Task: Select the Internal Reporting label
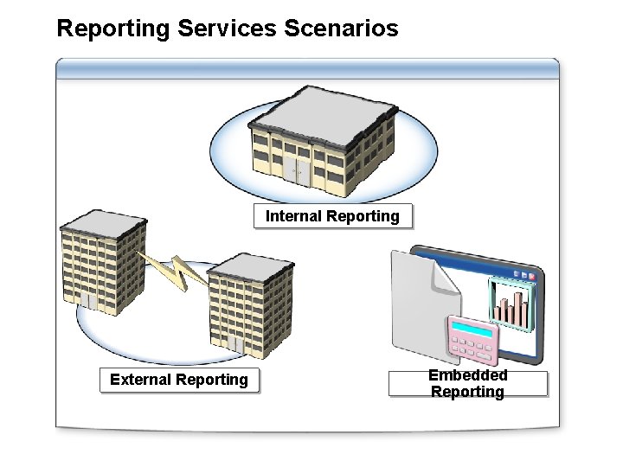point(332,216)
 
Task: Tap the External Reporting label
point(179,380)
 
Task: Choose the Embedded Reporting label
point(468,383)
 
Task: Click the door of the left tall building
point(89,304)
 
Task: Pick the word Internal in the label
point(292,216)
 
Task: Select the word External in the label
point(140,380)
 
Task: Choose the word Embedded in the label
point(468,374)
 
